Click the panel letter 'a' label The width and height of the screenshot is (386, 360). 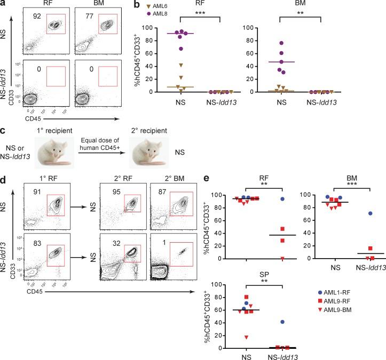click(4, 4)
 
